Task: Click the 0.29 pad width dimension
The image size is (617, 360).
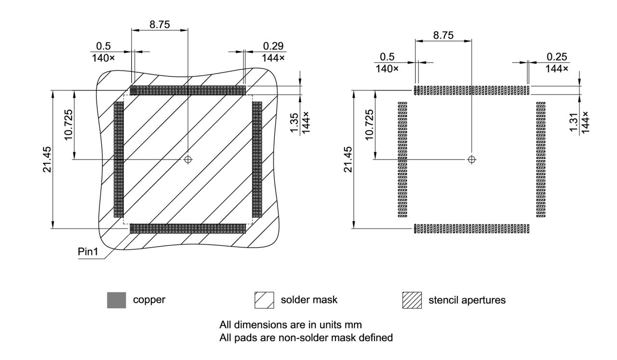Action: click(x=273, y=46)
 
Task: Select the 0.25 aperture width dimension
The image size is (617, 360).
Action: click(x=557, y=57)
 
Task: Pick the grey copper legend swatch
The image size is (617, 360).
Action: click(x=116, y=300)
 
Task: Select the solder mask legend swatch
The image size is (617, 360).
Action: click(x=264, y=300)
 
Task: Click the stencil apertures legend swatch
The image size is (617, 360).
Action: click(x=412, y=300)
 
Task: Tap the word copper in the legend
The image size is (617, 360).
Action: click(x=149, y=300)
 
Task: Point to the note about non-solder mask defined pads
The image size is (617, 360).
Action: click(x=306, y=338)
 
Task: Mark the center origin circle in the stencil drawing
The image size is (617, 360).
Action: click(x=472, y=160)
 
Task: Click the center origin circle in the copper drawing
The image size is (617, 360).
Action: click(x=188, y=159)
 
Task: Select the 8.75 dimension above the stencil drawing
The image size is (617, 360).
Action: click(x=443, y=36)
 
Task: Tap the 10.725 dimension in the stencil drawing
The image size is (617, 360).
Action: click(x=369, y=124)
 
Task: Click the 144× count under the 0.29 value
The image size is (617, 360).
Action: click(x=273, y=58)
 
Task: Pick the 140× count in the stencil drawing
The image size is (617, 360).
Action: click(x=387, y=69)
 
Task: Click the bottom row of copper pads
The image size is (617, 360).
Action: click(x=188, y=228)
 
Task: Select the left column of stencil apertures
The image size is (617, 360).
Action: click(x=402, y=159)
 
